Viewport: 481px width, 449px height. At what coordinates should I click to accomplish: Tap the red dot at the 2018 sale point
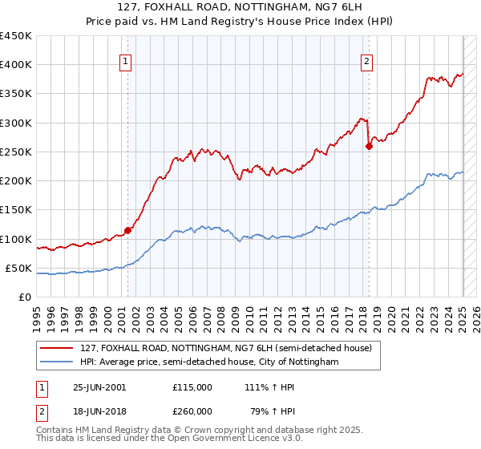[369, 146]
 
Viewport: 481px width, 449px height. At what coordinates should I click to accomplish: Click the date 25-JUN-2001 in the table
[99, 386]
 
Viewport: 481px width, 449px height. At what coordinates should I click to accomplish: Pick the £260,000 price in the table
[192, 411]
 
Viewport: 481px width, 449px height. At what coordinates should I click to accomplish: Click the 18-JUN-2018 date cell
[99, 411]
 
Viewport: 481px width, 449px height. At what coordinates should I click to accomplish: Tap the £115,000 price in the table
[192, 386]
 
